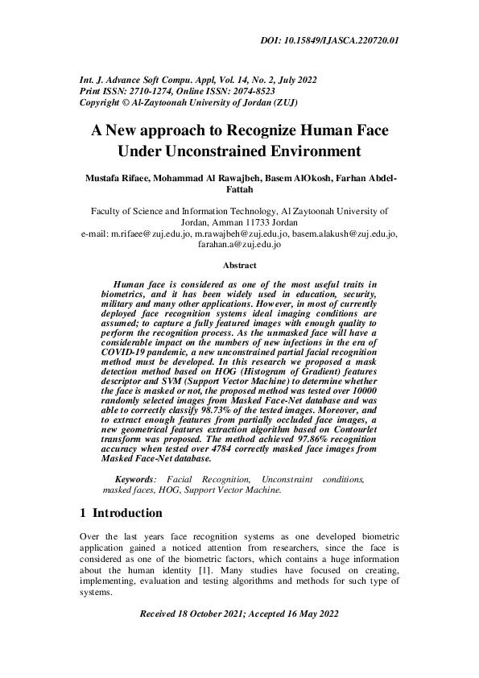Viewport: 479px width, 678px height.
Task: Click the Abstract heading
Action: [x=239, y=266]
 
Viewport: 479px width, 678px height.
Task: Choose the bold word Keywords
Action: [x=135, y=479]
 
